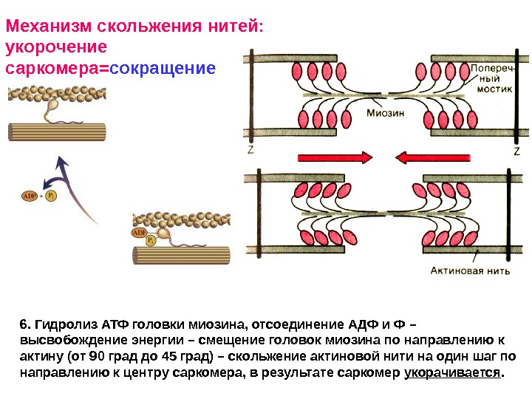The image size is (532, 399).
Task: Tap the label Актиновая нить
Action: pyautogui.click(x=470, y=270)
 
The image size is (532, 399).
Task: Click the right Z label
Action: pyautogui.click(x=517, y=150)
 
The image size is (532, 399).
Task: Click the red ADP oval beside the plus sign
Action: pyautogui.click(x=30, y=197)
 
